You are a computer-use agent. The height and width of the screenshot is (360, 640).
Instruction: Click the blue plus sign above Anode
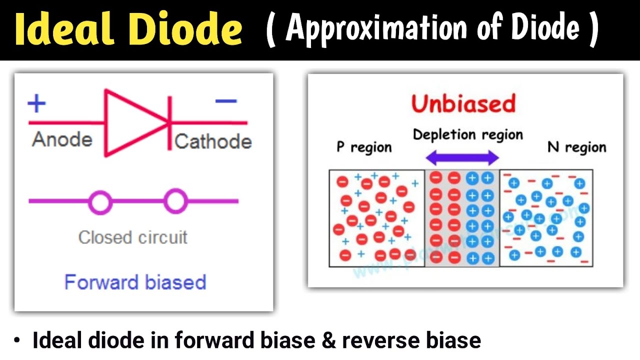click(36, 104)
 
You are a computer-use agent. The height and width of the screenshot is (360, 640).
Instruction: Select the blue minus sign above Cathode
click(225, 101)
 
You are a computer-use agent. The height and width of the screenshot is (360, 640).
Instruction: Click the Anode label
click(62, 140)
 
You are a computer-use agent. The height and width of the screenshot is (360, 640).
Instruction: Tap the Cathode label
click(213, 141)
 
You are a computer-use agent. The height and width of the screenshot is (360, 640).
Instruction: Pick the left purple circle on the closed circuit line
click(100, 202)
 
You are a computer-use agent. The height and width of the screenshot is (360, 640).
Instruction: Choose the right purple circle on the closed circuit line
click(175, 201)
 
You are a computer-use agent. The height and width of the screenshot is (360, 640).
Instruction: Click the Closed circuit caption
click(133, 237)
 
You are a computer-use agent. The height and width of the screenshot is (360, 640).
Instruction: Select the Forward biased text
click(135, 282)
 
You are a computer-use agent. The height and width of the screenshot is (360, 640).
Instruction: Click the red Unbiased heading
click(463, 104)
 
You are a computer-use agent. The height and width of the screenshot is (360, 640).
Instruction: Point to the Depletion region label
click(467, 134)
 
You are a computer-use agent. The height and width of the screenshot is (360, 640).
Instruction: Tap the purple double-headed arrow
click(462, 158)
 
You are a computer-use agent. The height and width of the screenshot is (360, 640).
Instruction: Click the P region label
click(363, 147)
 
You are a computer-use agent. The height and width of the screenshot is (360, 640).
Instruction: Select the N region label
click(576, 147)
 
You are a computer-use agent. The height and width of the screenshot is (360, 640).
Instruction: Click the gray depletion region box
click(462, 218)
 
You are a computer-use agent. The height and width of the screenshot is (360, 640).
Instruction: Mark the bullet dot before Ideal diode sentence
click(18, 341)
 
